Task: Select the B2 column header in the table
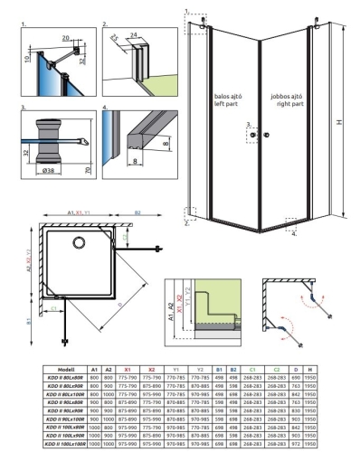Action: pos(233,368)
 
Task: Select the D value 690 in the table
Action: pos(299,376)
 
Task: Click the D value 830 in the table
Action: pos(299,410)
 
